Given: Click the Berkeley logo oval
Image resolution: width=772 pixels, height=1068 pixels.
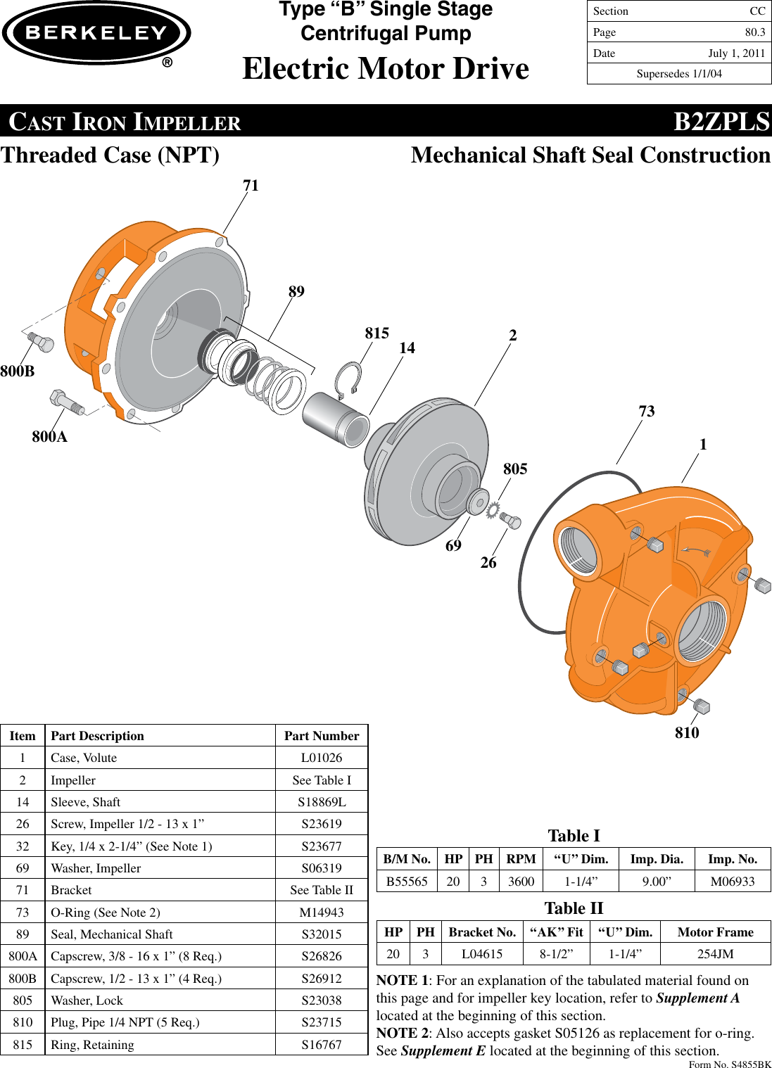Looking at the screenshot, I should point(96,33).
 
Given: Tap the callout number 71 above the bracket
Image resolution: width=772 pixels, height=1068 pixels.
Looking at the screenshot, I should point(251,186).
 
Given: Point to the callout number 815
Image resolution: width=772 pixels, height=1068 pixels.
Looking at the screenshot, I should point(376,333).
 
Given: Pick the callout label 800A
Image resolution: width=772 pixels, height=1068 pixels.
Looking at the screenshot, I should point(49,437).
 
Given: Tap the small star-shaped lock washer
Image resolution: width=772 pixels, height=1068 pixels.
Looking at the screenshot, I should point(493,509).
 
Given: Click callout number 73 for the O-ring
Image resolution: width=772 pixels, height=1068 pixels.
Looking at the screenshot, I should point(646,412).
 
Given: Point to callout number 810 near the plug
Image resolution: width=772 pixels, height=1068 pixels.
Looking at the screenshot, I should point(687,733).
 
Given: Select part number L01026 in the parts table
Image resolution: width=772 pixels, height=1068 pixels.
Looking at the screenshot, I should point(322,758).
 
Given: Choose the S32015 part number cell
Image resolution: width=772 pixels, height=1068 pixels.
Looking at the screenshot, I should point(322,934).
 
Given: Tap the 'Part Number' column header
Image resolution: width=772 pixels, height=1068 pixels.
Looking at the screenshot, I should point(322,736).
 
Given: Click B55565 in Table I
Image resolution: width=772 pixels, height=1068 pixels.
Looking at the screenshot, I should point(407,882).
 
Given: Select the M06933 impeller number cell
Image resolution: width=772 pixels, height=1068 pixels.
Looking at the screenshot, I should point(733,882).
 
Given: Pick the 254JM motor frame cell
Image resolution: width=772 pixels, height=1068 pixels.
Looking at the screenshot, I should point(715,954).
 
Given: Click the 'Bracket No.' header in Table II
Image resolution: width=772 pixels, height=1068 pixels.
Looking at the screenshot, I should point(482,932).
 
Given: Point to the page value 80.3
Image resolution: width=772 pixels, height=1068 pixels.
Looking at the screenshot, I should point(755,32).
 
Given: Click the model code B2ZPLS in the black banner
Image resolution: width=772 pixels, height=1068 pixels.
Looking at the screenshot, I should point(721,122).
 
